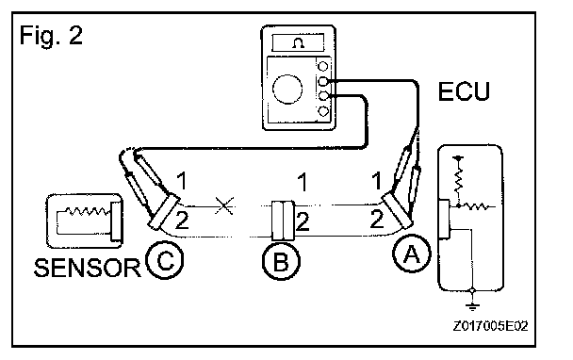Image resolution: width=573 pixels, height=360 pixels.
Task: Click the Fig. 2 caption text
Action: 51,36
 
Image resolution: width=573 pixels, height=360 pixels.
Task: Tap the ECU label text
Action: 464,91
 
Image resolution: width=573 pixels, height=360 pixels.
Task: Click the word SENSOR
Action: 87,268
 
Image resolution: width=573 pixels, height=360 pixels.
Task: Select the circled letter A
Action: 412,254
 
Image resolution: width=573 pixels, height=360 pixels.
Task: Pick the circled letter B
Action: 282,261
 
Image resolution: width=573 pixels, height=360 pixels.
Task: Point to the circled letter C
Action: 164,260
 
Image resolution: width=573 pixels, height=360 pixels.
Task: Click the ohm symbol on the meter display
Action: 299,43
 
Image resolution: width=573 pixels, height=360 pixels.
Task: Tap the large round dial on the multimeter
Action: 287,90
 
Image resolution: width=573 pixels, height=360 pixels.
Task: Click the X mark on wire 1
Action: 224,205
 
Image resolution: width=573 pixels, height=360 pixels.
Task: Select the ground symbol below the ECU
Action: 472,306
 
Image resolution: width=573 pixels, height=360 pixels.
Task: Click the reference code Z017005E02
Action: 490,326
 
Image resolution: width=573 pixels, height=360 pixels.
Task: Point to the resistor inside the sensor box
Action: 88,212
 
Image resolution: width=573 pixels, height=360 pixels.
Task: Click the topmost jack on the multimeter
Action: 323,67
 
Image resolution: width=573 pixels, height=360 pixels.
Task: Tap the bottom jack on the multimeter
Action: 323,111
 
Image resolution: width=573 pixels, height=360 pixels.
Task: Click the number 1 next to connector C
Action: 182,181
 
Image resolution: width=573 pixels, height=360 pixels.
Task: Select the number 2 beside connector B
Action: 303,221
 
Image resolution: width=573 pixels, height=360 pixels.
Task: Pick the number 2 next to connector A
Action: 377,219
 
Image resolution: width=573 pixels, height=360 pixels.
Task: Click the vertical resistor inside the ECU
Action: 458,178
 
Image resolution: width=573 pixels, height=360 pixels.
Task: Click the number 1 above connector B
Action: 302,182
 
